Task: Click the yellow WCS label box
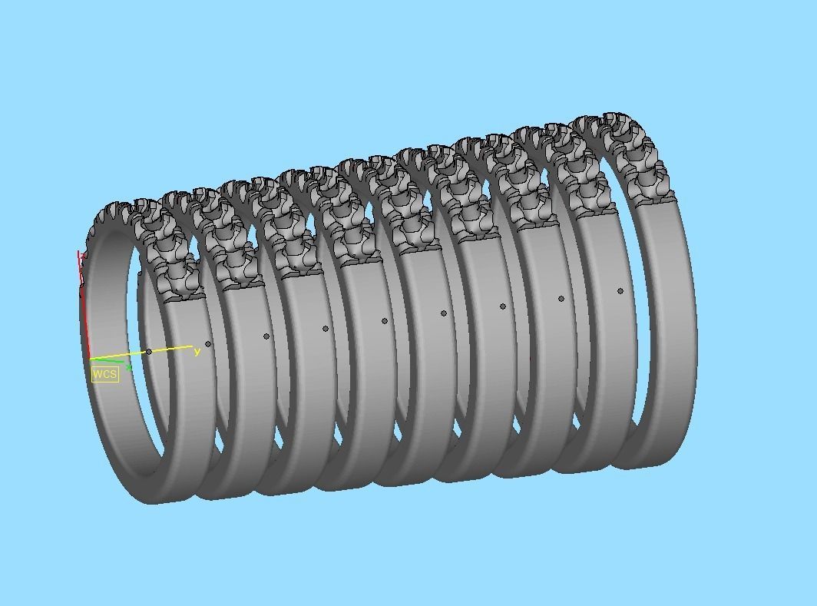105,374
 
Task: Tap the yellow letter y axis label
197,352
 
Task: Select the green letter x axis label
128,367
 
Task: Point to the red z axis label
79,255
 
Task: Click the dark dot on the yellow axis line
149,352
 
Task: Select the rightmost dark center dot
620,291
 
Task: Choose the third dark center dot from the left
266,336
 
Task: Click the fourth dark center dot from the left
326,329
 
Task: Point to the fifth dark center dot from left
385,321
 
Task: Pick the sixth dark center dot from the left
444,313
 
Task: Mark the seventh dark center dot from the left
503,306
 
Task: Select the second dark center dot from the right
561,299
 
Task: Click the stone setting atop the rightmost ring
622,154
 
